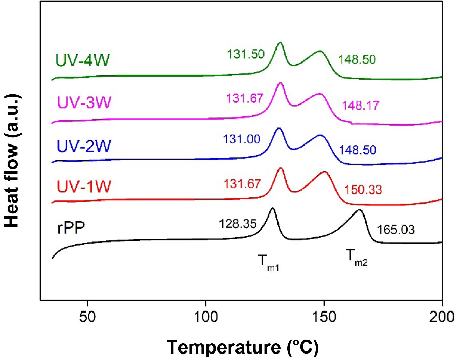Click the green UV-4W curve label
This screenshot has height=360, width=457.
[x=82, y=60]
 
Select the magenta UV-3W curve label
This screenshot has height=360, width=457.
[x=84, y=102]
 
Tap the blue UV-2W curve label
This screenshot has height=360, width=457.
[x=84, y=146]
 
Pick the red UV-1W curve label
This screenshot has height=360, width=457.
[x=84, y=186]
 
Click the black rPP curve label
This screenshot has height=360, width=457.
[x=71, y=227]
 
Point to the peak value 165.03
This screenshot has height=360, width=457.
[x=396, y=230]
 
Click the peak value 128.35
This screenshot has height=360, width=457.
[x=238, y=224]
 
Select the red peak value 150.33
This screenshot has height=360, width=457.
[x=363, y=190]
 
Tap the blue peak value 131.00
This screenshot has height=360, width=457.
[x=242, y=139]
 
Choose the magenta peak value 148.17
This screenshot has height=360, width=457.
[x=360, y=105]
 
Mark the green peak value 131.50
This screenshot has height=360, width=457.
[x=246, y=54]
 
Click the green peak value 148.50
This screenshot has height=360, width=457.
[x=357, y=59]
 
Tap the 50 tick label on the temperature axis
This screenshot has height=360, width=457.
[x=87, y=317]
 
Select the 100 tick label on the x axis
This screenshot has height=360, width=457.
[x=206, y=317]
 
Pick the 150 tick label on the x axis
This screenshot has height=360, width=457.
[x=324, y=317]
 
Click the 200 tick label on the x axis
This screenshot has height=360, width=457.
[x=442, y=317]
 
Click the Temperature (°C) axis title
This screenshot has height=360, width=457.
[x=242, y=347]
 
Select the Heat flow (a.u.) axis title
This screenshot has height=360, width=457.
[x=12, y=161]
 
